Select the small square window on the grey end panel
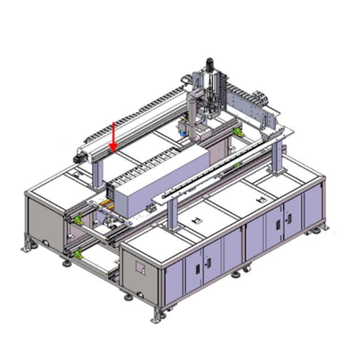(x=140, y=267)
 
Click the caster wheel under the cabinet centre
(x=247, y=269)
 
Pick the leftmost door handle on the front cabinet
(x=197, y=269)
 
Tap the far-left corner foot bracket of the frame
(x=28, y=245)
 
